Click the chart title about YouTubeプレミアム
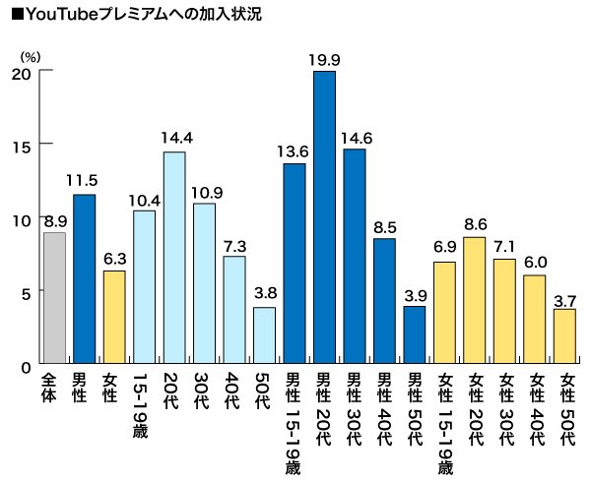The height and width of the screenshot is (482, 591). [x=129, y=15]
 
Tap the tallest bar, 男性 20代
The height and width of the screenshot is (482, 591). [x=324, y=216]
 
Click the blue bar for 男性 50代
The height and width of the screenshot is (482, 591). [x=415, y=335]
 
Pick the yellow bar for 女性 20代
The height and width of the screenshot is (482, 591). [x=475, y=300]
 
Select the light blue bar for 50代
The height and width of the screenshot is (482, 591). [x=264, y=335]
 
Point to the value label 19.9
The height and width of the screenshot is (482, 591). [x=324, y=60]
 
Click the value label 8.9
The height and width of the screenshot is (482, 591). [x=54, y=220]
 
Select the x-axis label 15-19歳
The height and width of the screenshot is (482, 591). [x=144, y=405]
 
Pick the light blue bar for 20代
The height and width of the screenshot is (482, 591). [x=174, y=258]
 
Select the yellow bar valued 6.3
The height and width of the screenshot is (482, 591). [x=114, y=318]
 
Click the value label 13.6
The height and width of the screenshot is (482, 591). [x=295, y=151]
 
